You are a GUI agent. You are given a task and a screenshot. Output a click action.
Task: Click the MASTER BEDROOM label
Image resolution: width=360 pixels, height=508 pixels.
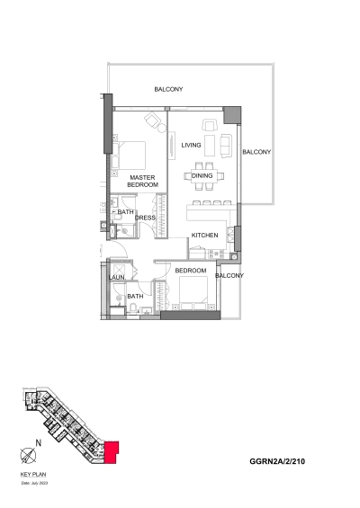tap(143, 181)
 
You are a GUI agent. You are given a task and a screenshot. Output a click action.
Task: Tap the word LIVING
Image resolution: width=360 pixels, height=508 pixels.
tap(191, 145)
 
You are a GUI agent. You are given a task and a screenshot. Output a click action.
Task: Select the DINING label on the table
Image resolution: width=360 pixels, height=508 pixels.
tap(202, 175)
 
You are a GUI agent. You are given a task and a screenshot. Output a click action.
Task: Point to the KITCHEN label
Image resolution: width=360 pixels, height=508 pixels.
tap(204, 236)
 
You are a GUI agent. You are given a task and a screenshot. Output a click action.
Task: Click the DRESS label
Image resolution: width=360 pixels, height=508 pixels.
tap(146, 218)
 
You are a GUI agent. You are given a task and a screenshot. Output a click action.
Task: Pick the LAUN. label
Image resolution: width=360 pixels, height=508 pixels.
tap(116, 278)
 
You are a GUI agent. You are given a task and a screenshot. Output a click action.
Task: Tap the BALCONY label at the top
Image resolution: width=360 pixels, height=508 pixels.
tap(168, 89)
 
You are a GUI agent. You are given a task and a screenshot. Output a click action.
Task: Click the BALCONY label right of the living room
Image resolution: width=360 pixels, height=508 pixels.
tap(256, 152)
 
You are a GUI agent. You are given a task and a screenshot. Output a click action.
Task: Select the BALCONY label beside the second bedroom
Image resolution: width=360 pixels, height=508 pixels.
tap(229, 276)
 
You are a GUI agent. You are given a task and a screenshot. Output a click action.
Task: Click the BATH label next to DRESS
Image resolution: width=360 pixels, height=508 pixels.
tap(125, 212)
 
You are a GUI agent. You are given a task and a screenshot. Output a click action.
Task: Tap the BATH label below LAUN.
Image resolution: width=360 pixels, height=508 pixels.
tap(135, 296)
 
